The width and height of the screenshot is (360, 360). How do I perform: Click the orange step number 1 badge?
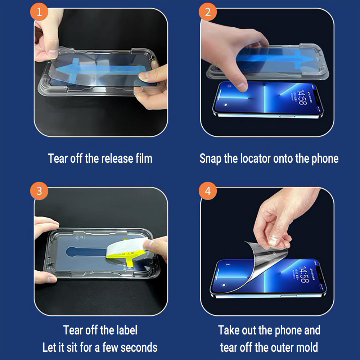(39, 12)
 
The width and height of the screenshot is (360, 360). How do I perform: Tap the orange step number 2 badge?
(208, 12)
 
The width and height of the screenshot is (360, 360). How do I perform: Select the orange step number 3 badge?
(39, 191)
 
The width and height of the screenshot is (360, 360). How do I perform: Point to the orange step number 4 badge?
(208, 191)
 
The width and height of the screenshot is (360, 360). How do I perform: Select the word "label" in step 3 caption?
(127, 330)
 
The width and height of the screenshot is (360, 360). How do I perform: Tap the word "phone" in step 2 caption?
(325, 159)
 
